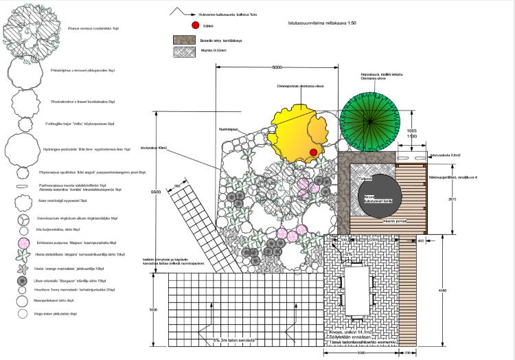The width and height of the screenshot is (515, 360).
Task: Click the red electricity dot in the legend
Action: [x=195, y=25]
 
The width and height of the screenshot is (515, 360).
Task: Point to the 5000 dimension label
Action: [x=277, y=67]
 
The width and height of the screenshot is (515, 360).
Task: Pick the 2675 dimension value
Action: [x=452, y=199]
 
